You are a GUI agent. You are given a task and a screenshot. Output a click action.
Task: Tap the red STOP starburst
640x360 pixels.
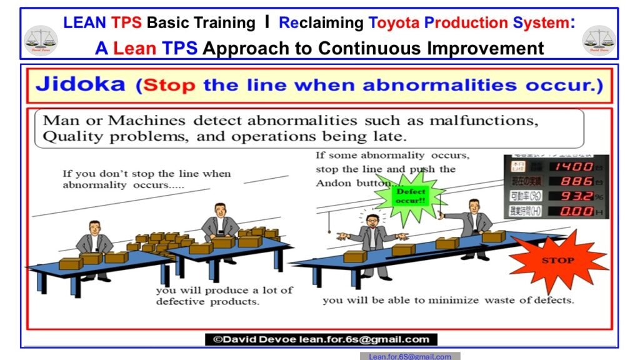pos(558,260)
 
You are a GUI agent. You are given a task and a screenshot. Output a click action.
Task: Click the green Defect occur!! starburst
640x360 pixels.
pos(410,196)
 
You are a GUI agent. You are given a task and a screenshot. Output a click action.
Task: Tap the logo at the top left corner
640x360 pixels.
pos(41,39)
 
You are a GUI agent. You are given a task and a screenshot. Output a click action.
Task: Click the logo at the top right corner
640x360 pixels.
pos(598,39)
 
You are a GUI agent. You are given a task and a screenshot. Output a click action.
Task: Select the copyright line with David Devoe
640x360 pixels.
pos(321,339)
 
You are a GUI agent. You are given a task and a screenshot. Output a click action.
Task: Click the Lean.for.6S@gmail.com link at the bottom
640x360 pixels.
pos(409,356)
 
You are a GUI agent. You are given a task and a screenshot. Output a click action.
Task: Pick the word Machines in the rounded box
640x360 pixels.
pos(147,121)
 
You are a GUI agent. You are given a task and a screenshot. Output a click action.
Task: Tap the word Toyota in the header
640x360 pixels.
pos(395,23)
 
